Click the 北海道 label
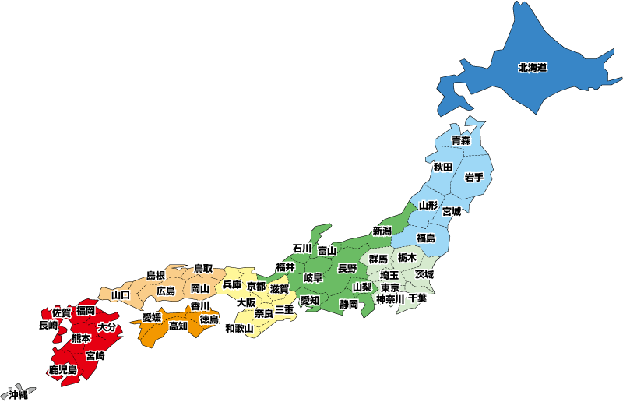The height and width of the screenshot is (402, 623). tap(532, 68)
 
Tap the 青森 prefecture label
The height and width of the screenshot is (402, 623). tap(461, 141)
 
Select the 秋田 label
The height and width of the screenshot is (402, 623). tap(443, 167)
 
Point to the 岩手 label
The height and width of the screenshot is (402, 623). tap(474, 178)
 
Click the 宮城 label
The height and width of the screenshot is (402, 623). tap(452, 211)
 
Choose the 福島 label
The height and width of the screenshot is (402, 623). tap(426, 238)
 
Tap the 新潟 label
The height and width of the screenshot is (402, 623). tap(382, 231)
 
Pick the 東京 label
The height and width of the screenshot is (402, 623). tap(390, 287)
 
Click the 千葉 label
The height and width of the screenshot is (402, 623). tap(417, 298)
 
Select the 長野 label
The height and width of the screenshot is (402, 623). tap(347, 268)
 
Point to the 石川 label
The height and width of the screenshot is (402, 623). tap(302, 249)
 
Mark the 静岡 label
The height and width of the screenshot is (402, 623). tap(348, 304)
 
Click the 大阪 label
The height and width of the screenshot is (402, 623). tap(246, 302)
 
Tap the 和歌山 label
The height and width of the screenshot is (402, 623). tap(239, 329)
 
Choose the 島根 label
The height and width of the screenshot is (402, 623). tap(156, 276)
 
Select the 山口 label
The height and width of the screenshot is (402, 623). tap(121, 295)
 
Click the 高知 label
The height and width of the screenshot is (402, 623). tap(178, 326)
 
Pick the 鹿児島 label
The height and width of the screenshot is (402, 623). tap(62, 370)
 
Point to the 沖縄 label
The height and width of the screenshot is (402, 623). tap(17, 395)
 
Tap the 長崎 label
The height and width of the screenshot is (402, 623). tap(48, 326)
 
